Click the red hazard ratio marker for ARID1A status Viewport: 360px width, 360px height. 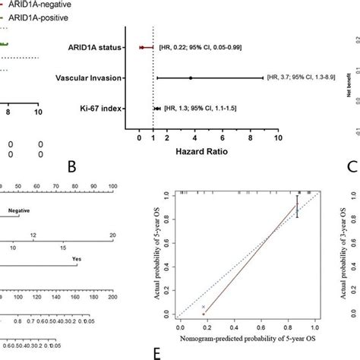click(x=142, y=49)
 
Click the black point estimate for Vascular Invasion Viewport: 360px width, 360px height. click(x=191, y=77)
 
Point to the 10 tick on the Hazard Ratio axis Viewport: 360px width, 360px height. click(x=278, y=138)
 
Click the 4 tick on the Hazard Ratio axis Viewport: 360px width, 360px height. click(x=194, y=138)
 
